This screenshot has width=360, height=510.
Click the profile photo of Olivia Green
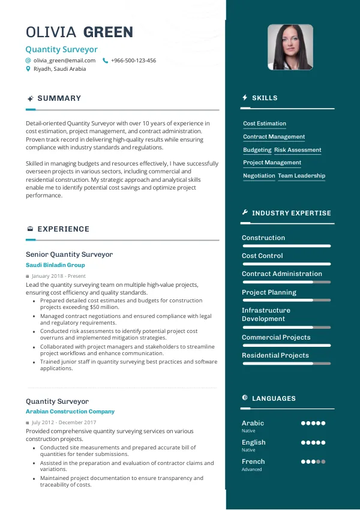coord(290,47)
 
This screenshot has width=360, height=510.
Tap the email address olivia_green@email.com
coord(64,61)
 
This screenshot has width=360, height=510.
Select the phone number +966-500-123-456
coord(133,61)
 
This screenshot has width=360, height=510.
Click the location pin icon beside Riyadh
coord(28,69)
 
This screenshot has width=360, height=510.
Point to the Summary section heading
coord(59,98)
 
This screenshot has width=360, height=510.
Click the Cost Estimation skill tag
coord(265,124)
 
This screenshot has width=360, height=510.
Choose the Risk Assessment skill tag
coord(298,150)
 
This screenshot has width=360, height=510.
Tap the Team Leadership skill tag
coord(301,176)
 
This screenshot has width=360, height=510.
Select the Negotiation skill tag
coord(259,176)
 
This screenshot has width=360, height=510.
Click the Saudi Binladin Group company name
coord(55,265)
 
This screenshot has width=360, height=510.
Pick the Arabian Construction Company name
coord(70,412)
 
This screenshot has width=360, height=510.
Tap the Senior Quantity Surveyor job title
coord(69,254)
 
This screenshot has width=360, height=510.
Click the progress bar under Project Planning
coord(286,300)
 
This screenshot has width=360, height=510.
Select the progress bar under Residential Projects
coord(286,363)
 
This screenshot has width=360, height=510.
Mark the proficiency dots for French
coord(313,462)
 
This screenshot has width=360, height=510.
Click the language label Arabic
coord(253,423)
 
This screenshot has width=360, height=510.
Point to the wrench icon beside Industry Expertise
coord(245,212)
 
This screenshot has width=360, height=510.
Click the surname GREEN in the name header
coord(108,32)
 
